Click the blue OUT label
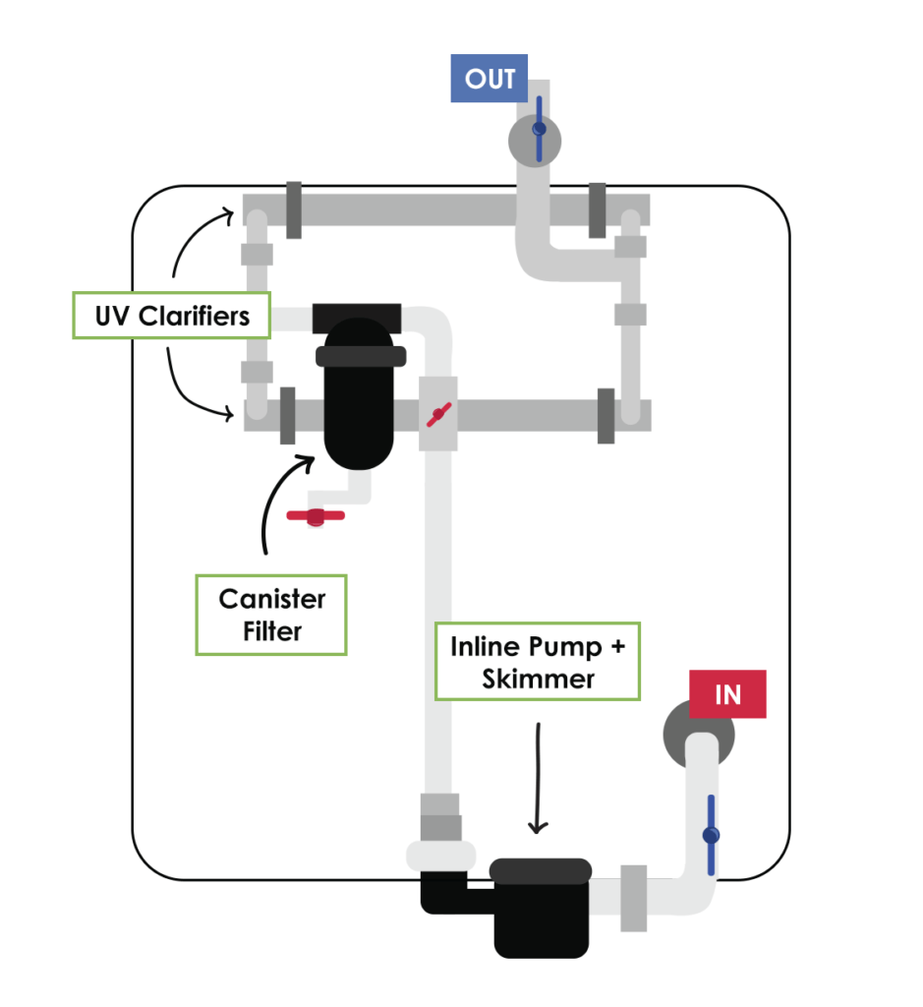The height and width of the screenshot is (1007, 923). pos(490,79)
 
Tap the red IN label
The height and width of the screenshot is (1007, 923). pos(726,695)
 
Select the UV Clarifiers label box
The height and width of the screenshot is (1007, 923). pos(171,316)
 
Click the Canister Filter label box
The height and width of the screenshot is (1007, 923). pos(271,615)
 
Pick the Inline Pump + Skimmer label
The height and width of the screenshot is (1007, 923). pos(537,662)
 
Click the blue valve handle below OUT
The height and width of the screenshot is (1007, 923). pos(538,129)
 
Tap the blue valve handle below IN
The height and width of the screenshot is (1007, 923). pos(710,836)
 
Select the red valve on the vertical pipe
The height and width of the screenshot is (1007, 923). pos(438,414)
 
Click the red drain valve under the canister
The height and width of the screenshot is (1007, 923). pos(315,515)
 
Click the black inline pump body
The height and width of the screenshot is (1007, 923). pos(541,910)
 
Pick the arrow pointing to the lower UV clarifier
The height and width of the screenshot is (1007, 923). pos(197,388)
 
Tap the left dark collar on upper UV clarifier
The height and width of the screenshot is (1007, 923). pos(293,210)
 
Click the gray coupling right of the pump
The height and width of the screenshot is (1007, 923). pos(633,898)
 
